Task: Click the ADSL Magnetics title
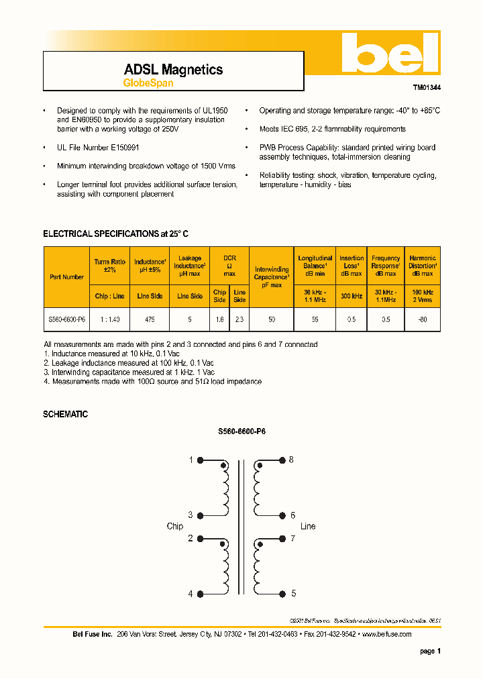[173, 70]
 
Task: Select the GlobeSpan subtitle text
[148, 83]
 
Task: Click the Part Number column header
[66, 276]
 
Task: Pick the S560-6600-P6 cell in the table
[66, 320]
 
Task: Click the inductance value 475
[150, 320]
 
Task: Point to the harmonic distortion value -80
[422, 320]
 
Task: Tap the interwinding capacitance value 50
[272, 320]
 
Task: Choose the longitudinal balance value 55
[315, 320]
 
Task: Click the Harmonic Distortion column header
[422, 266]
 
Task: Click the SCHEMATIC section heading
[65, 415]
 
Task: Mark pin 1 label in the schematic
[191, 460]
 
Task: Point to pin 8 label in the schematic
[292, 460]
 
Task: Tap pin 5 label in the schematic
[293, 593]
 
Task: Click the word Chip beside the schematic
[174, 526]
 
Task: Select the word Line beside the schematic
[308, 526]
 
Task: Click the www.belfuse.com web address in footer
[387, 634]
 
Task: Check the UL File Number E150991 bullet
[98, 147]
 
